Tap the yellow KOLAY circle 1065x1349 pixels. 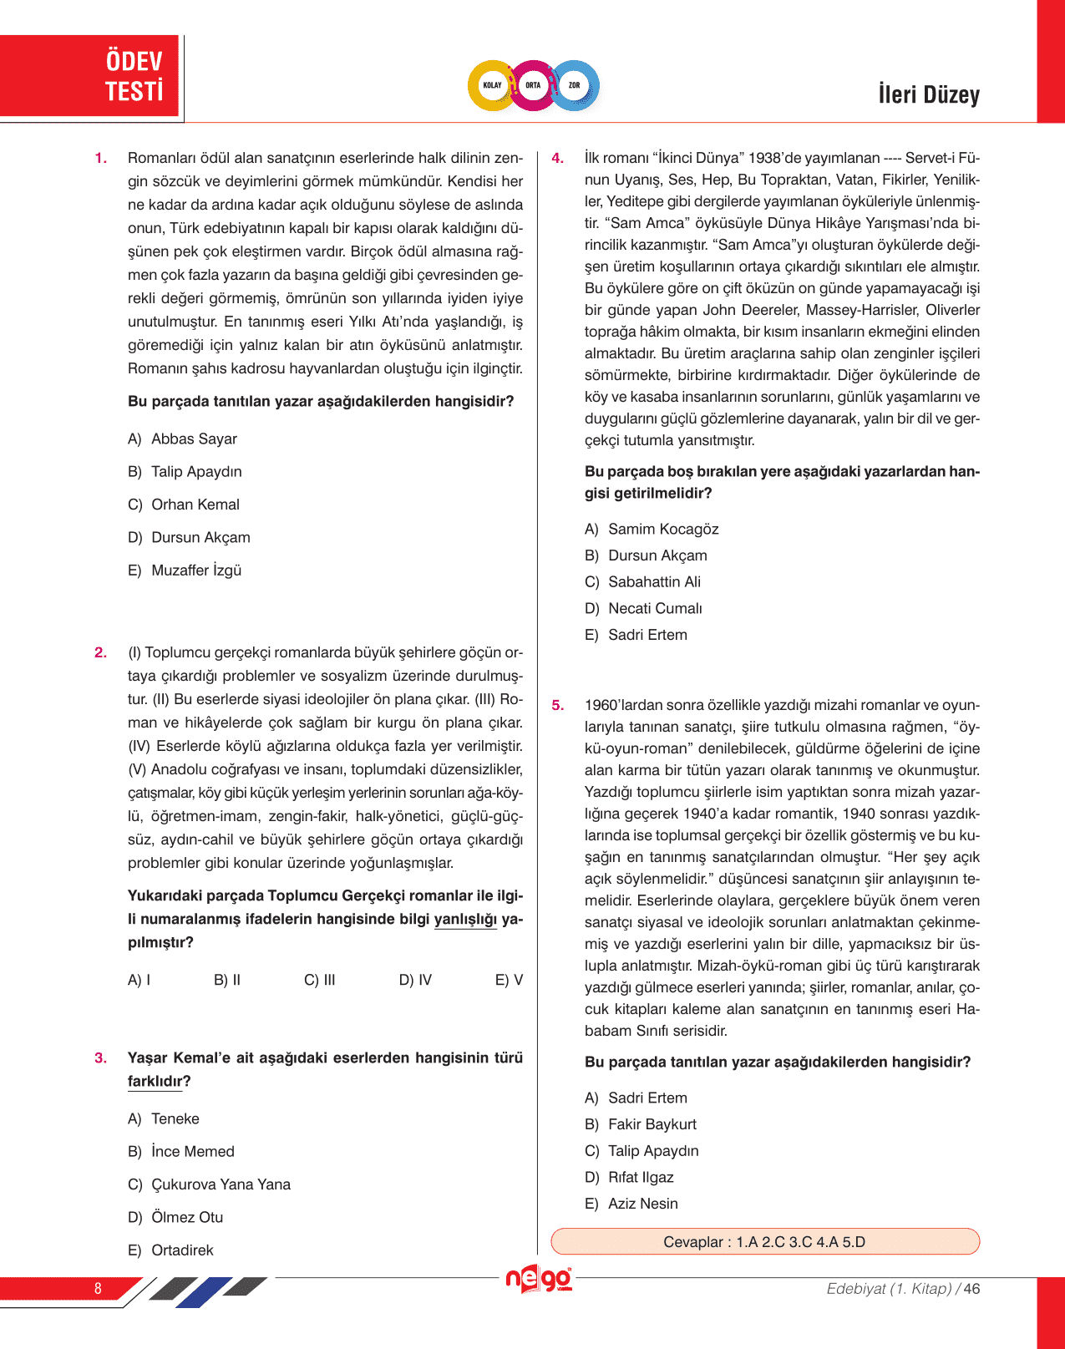click(x=492, y=85)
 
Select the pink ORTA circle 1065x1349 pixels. click(x=533, y=85)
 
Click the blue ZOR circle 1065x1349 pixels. click(x=575, y=85)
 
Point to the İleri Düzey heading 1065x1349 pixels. click(x=928, y=94)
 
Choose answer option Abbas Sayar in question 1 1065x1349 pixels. click(x=193, y=439)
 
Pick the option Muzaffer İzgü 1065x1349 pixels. click(x=195, y=571)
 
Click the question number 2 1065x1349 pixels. click(x=100, y=652)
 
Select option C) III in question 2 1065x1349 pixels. click(x=319, y=980)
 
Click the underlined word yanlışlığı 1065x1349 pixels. click(x=465, y=920)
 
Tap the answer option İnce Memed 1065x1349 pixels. click(x=192, y=1151)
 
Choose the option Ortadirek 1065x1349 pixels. click(x=181, y=1250)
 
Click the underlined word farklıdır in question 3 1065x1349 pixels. click(x=155, y=1081)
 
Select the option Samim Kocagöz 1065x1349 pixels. click(x=662, y=529)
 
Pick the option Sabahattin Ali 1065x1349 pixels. click(x=653, y=581)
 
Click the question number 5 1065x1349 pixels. click(x=557, y=705)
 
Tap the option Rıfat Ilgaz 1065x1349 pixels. click(x=640, y=1177)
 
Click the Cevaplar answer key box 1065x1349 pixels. click(x=764, y=1241)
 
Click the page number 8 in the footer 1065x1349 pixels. click(x=98, y=1288)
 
